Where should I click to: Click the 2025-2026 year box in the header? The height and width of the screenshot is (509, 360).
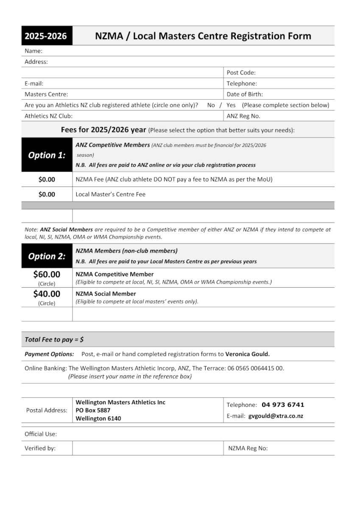47,36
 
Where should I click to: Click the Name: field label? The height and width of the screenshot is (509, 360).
33,51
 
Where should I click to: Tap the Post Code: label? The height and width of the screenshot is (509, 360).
241,73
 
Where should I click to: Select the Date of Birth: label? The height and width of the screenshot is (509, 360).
244,94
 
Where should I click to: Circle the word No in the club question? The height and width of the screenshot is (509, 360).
211,105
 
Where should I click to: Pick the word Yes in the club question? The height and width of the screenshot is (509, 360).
231,105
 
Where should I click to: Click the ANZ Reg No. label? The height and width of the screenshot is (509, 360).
243,116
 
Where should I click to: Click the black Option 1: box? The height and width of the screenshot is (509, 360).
47,155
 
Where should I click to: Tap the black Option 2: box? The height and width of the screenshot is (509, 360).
47,256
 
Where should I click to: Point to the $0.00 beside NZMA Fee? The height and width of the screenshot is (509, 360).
47,179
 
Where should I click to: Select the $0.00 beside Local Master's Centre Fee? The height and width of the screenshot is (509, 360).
47,195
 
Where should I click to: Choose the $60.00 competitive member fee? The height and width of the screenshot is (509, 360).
47,274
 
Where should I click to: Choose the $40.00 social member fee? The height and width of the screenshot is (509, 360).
47,294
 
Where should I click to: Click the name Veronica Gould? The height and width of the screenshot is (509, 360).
247,354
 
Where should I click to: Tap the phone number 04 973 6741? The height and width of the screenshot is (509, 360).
283,405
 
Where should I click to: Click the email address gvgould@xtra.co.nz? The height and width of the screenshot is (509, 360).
276,416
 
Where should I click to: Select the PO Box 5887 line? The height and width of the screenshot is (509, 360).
93,410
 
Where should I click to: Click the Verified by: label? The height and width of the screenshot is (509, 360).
40,448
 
